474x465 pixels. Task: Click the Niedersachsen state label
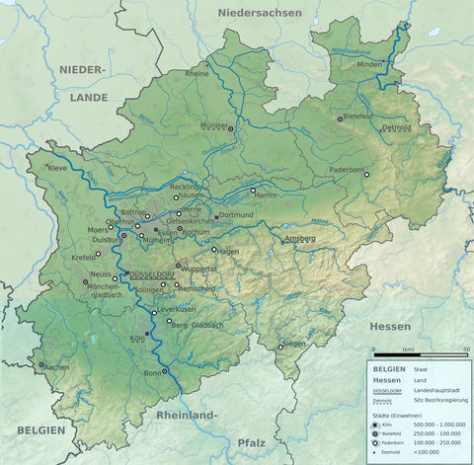260,13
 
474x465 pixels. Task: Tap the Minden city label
367,64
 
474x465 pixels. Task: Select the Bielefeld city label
357,116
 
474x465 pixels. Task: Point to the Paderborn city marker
366,175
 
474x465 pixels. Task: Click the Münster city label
214,125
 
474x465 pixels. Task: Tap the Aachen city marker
41,364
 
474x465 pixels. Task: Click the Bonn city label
152,373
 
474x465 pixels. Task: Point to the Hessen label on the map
389,326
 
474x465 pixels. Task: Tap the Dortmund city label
237,214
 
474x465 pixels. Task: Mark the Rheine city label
197,74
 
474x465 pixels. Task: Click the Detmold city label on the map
397,128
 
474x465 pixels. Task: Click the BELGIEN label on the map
40,430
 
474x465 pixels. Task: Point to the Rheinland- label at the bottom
186,416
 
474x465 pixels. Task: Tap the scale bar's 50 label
466,349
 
